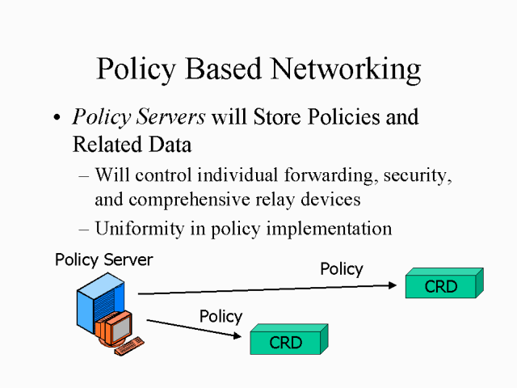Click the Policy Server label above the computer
[103, 260]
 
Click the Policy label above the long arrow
[342, 269]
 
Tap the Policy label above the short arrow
[221, 316]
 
